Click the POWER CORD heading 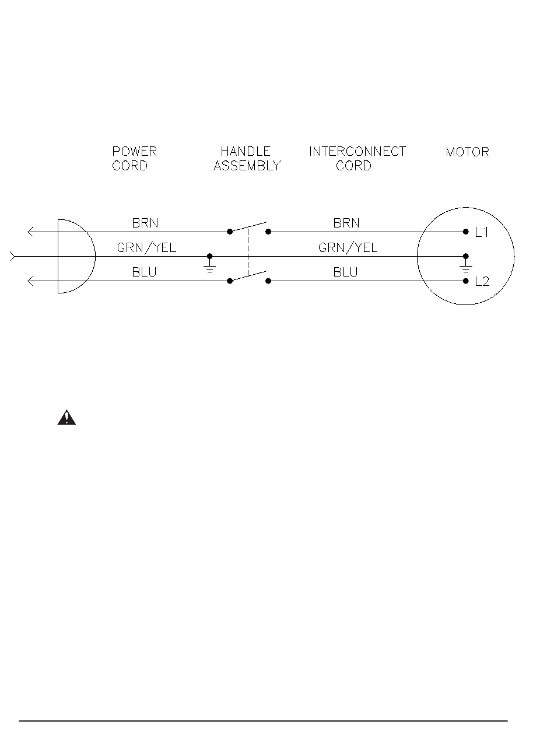coord(134,159)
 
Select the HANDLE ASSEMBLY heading coord(247,159)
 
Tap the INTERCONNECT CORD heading coord(357,159)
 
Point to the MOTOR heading coord(467,152)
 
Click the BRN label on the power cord coord(145,223)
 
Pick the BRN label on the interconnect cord coord(346,223)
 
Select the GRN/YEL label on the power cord coord(146,248)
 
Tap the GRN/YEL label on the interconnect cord coord(348,248)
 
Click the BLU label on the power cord coord(144,272)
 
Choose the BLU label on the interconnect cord coord(345,272)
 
